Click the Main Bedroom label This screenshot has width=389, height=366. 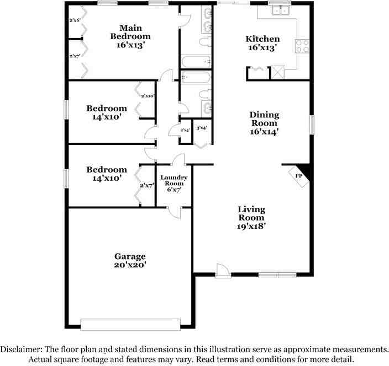tap(130, 32)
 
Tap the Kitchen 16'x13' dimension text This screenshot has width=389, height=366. tap(262, 48)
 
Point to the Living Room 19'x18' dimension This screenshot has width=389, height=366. tap(251, 226)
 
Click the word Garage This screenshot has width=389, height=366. tap(130, 256)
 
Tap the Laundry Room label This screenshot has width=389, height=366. tap(174, 181)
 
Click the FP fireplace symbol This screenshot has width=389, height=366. tap(298, 176)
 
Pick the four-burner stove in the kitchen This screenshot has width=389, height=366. tap(302, 46)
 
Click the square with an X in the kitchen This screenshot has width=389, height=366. tap(277, 73)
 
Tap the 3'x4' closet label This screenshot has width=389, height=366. tap(202, 128)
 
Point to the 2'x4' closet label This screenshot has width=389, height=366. tap(185, 130)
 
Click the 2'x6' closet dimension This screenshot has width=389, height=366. tap(75, 20)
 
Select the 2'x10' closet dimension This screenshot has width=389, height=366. tap(147, 96)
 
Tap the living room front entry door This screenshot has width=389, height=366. tap(222, 271)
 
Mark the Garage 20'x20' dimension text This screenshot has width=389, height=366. tap(130, 265)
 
